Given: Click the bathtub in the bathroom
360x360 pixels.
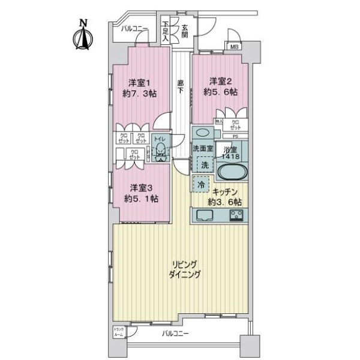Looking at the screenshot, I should [230, 173].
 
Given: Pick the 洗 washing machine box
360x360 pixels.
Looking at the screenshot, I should [203, 163].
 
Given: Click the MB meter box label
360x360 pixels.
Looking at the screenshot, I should [233, 46].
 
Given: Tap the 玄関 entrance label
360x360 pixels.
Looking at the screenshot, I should [185, 31].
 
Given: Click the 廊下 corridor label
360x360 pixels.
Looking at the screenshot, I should [181, 87].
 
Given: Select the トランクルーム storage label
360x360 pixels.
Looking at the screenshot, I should [119, 332].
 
